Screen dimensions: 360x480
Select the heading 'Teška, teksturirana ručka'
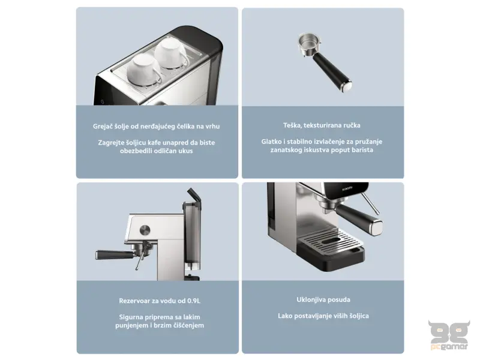322,126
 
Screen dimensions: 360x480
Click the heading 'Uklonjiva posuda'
323,299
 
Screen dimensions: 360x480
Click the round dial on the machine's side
145,229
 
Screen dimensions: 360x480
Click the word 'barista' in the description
359,150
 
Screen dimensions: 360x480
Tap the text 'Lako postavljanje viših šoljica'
323,316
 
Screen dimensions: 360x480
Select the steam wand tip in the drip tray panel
378,211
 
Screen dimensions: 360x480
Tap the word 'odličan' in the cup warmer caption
162,151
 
